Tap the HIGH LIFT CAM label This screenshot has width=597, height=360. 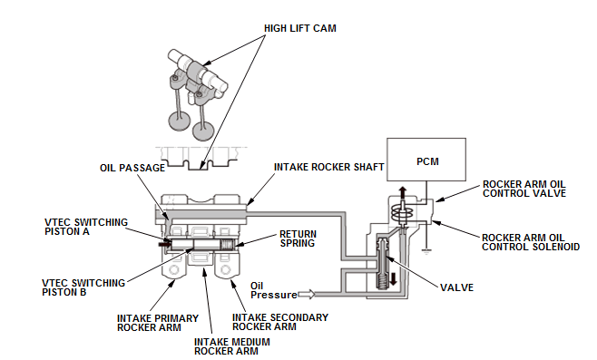(300, 28)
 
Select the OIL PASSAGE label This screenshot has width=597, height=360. (132, 168)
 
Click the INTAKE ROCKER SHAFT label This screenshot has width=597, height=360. (329, 167)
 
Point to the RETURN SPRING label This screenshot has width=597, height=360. (298, 238)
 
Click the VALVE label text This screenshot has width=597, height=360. (457, 287)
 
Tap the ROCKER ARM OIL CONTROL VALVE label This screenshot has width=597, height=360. (524, 189)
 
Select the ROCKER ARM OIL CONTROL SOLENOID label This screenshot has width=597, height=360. (531, 242)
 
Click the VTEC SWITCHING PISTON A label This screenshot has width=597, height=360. (86, 227)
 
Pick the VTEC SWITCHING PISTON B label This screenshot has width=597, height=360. (83, 287)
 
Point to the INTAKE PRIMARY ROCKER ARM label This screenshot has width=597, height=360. (158, 323)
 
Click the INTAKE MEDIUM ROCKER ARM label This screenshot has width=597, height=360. (232, 346)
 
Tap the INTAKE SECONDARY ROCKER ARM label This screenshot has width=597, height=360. (280, 322)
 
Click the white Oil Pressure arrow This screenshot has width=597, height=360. (306, 294)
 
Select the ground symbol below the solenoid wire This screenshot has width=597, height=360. (426, 251)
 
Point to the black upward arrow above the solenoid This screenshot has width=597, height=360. (403, 192)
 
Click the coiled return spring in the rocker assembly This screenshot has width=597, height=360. (229, 245)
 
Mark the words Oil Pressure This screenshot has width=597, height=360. (273, 290)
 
